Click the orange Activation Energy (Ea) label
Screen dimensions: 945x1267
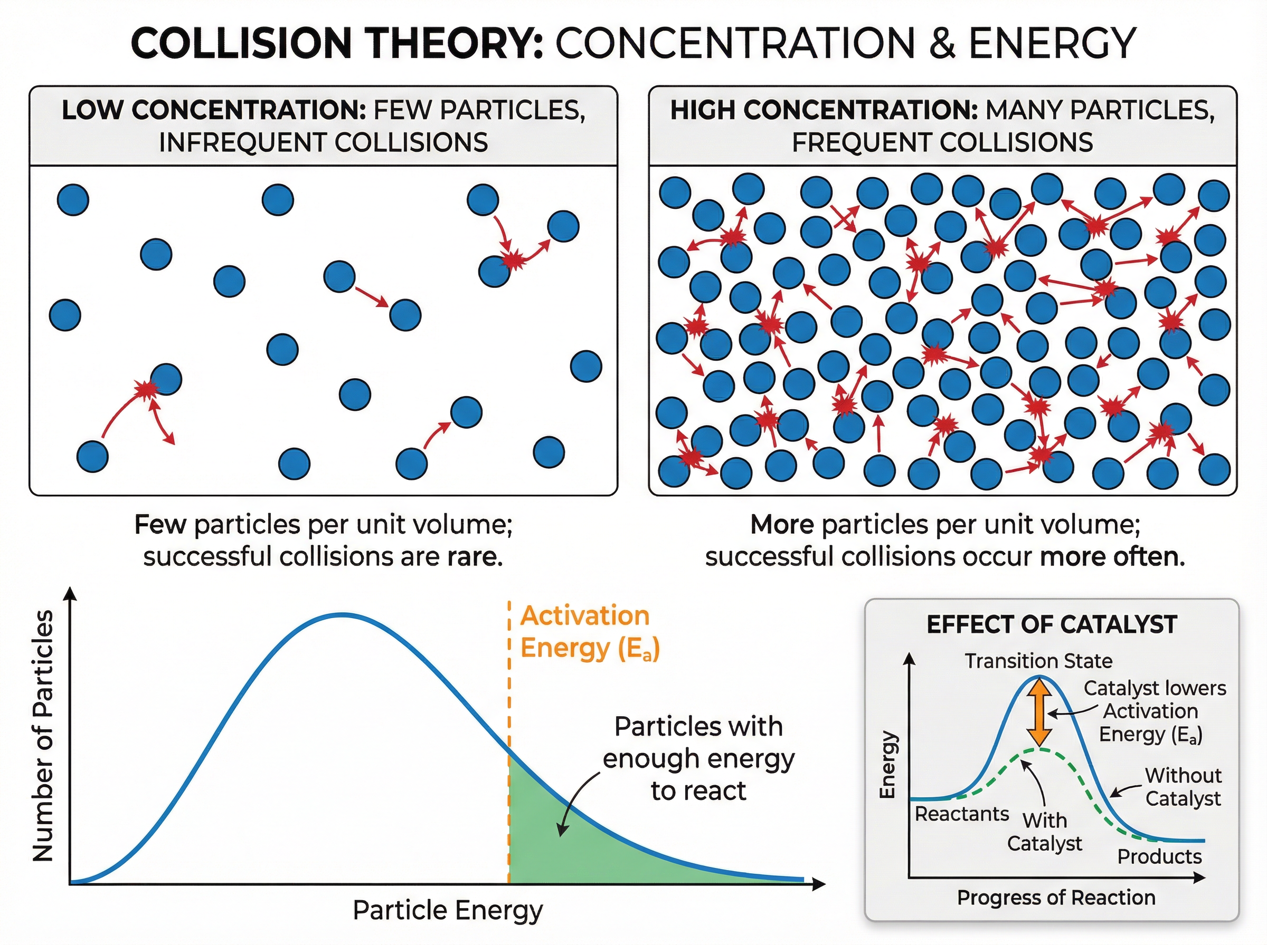(590, 632)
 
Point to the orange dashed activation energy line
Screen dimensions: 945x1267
(509, 687)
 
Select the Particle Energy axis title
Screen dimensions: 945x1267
(447, 910)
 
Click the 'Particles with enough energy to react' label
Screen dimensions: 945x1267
(698, 758)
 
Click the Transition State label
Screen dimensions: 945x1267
(1038, 661)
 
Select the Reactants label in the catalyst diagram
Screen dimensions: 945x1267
(961, 814)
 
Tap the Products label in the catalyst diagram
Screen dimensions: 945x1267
(1159, 856)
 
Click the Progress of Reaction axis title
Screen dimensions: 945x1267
(1056, 898)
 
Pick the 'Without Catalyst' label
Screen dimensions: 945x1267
(1183, 787)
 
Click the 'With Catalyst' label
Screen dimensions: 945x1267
(1044, 832)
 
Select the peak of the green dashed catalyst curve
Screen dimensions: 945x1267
(1042, 749)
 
